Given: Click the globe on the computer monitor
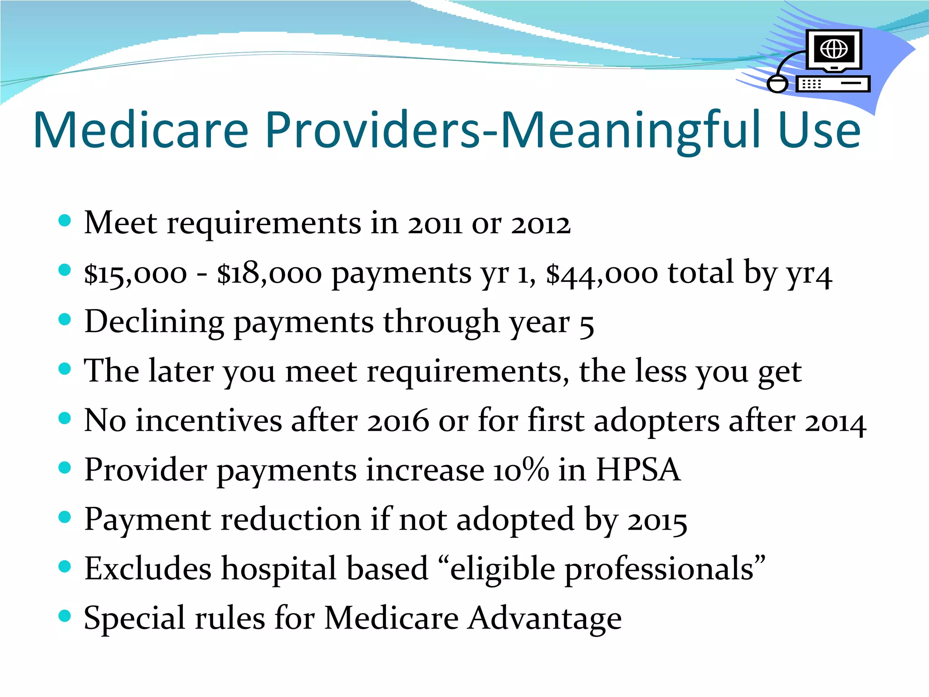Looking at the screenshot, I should coord(834,49).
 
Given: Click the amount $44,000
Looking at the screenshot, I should coord(602,274).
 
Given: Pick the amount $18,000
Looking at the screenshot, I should coord(269,274).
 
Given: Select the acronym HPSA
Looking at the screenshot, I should coord(638,470).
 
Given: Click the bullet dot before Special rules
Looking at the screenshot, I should coord(65,616).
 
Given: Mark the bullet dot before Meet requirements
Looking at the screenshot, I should coord(65,221).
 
